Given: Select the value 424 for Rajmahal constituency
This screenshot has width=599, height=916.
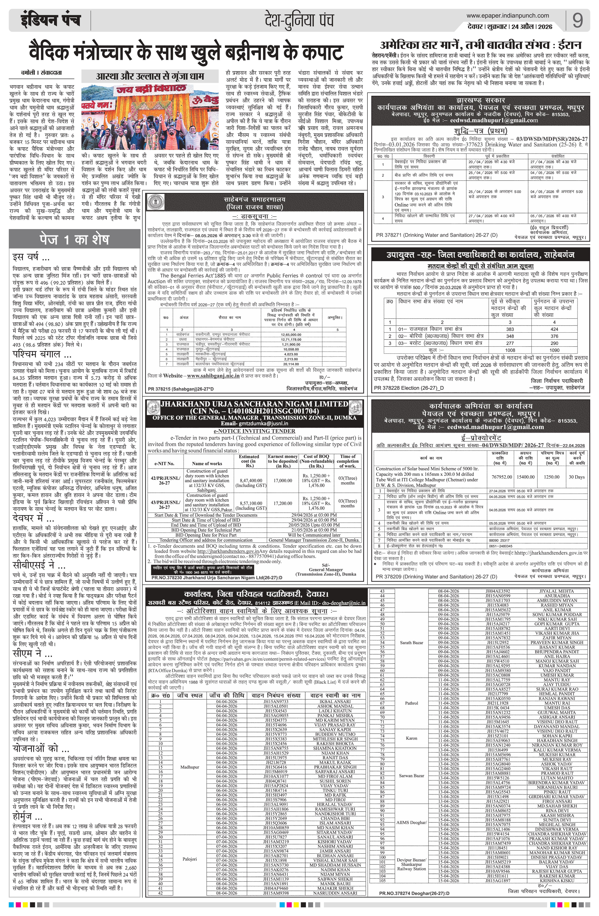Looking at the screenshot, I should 554,329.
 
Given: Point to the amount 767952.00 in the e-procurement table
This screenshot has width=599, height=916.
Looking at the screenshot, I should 502,477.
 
